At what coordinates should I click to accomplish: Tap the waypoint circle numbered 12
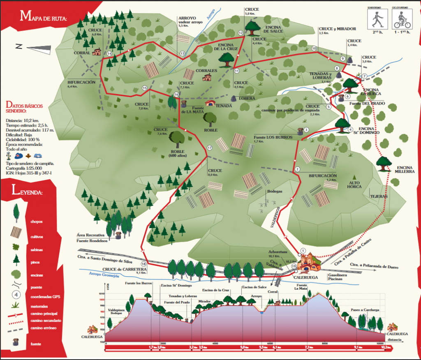click(241, 33)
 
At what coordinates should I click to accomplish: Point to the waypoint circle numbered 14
click(109, 53)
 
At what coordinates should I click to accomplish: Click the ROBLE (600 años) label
click(177, 153)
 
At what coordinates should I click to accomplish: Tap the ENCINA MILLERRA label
click(406, 170)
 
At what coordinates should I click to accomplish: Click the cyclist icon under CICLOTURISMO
click(401, 18)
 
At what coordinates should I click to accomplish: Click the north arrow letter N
click(18, 46)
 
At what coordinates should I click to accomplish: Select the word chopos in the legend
click(36, 222)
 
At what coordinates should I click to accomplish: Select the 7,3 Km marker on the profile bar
click(308, 348)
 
